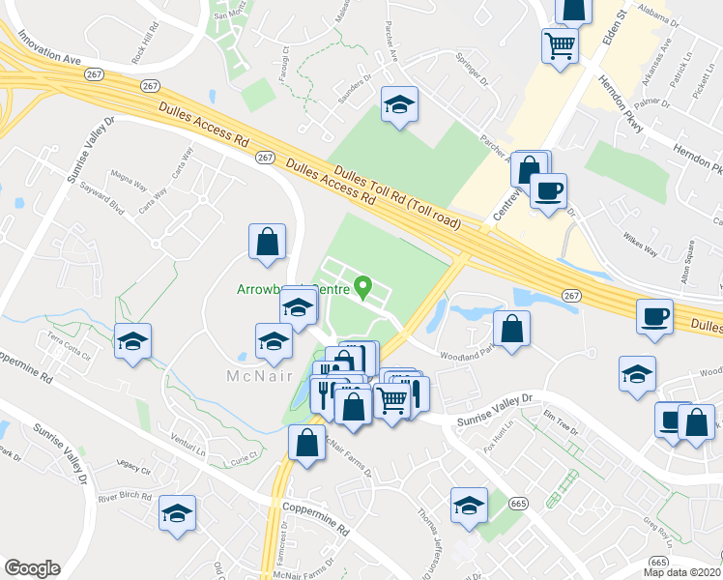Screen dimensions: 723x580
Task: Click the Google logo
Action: [x=32, y=568]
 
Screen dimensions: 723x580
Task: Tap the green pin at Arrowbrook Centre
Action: [x=363, y=286]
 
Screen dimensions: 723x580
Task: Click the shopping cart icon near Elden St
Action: [x=560, y=45]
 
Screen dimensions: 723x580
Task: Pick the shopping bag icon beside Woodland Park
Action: [x=512, y=327]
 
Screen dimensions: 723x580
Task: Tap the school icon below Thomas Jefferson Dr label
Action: [x=469, y=505]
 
